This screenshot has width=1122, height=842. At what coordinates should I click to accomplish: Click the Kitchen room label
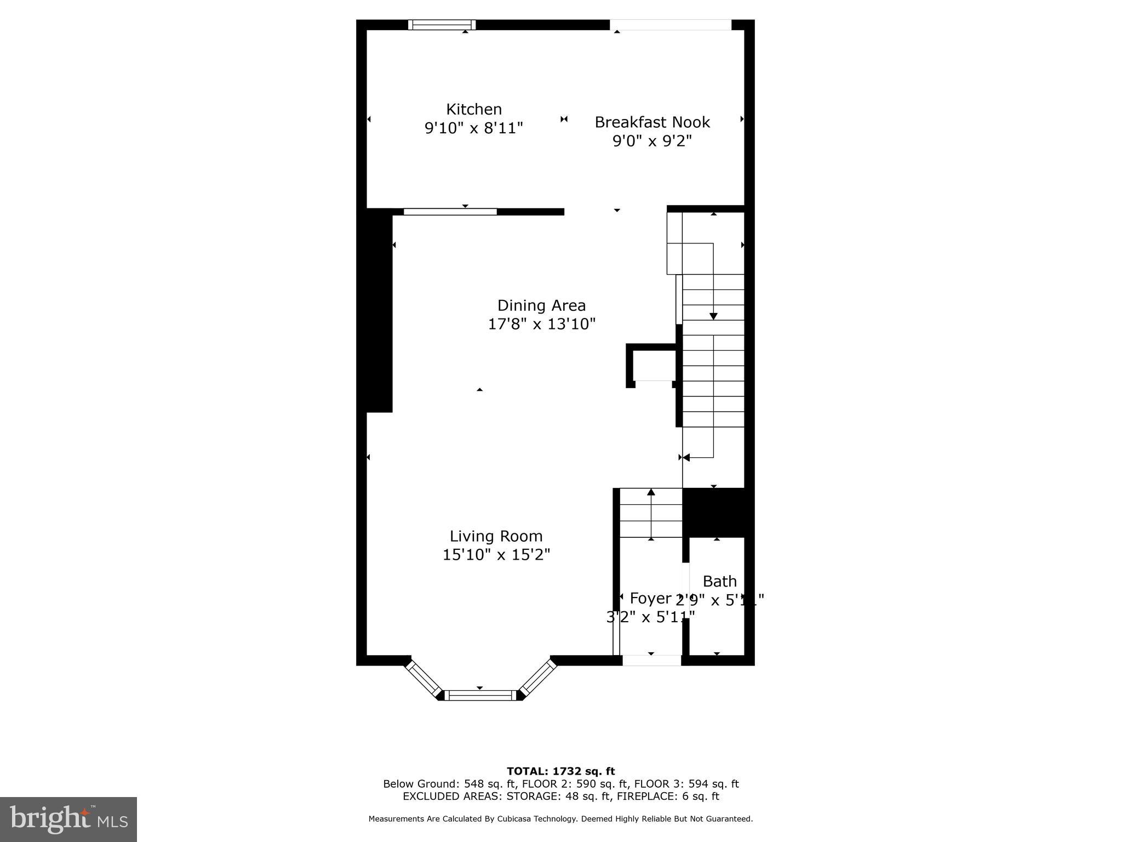(x=474, y=109)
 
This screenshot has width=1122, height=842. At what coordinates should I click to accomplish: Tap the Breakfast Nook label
(x=652, y=122)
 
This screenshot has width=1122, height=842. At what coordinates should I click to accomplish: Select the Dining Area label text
(x=541, y=305)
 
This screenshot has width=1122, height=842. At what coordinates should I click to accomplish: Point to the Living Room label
(x=496, y=536)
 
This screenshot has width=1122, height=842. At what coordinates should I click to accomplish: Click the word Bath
(x=719, y=581)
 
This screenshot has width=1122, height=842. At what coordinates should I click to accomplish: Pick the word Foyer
(x=650, y=598)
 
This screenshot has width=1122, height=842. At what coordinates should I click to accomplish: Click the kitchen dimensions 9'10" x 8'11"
(x=474, y=128)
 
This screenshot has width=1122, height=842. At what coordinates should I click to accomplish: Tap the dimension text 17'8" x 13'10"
(x=541, y=324)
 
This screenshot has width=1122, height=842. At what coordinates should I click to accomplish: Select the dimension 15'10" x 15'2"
(x=496, y=555)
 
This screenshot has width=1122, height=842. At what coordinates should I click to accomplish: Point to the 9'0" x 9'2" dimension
(x=652, y=141)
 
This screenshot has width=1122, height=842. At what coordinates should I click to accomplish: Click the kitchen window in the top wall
(x=442, y=25)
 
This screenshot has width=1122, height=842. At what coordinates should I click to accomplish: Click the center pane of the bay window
(x=480, y=695)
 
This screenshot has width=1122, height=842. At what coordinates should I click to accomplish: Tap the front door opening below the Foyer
(x=651, y=661)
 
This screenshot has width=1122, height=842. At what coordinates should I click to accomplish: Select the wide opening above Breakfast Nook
(x=671, y=25)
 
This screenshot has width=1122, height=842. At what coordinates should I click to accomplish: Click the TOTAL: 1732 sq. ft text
(x=560, y=771)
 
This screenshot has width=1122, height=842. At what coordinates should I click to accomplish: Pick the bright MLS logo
(x=68, y=820)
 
